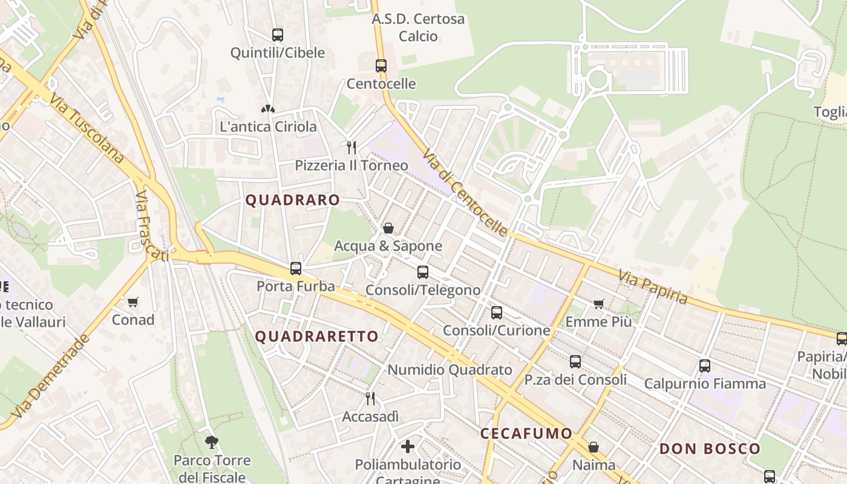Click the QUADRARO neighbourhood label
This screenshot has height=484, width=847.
pos(292,200)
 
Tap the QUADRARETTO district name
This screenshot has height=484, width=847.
pos(316,336)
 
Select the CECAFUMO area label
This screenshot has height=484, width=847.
pos(526,433)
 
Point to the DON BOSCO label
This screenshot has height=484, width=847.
pos(709,449)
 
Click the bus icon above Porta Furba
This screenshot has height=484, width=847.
pos(296,268)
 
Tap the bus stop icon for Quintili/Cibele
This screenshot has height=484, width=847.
pos(278,35)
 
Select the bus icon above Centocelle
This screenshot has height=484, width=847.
pos(381,65)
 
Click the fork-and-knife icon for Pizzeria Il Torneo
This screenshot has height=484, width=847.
pos(351,147)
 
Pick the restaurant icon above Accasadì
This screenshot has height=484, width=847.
pos(370,398)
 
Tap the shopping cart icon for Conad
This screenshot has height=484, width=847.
pos(133,302)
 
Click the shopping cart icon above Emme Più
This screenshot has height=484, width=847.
pos(598,304)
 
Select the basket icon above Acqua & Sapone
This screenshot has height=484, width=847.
pos(388,228)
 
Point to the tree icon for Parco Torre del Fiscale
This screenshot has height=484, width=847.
pos(212,442)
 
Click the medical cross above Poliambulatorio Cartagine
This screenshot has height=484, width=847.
pos(408,446)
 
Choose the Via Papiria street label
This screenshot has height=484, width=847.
pos(653,287)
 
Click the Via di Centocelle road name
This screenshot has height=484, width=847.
pos(465,192)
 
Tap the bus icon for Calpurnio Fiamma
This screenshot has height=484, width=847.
pos(704,365)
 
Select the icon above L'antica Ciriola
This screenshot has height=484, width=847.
pos(268,109)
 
